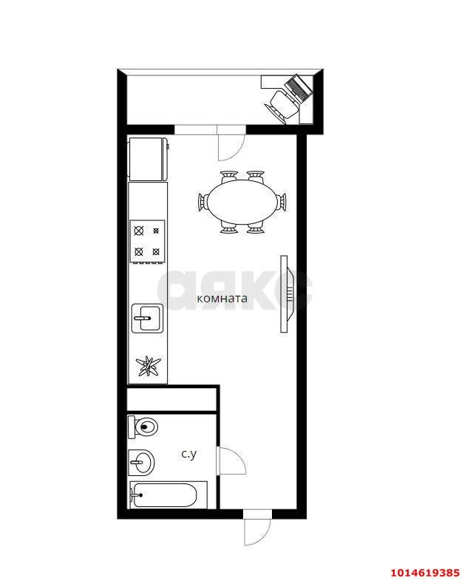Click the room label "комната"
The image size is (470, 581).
coord(222,299)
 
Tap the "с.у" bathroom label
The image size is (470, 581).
coord(189,454)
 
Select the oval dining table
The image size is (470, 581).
coord(242,202)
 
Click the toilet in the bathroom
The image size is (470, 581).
coord(143,427)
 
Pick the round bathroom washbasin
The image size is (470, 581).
coord(141,463)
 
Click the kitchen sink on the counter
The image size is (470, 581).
coord(147,318)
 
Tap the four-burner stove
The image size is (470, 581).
coord(147,242)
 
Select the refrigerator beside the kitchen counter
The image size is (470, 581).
coord(148,160)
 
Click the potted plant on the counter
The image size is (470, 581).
coord(148,367)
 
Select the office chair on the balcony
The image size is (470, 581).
coord(282,105)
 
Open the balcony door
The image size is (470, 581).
coord(231,143)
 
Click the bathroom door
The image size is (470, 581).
coord(231,461)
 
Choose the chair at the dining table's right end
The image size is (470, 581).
coord(282,202)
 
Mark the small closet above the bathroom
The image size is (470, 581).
coord(171,399)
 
